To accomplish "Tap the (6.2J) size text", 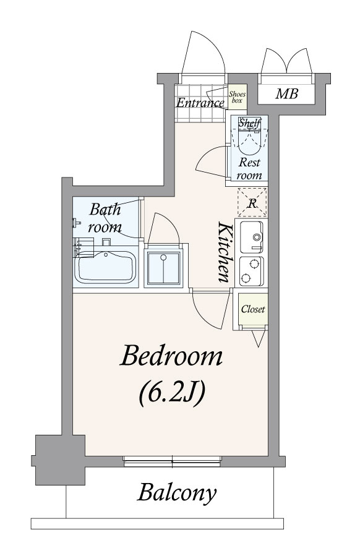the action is [x=172, y=393].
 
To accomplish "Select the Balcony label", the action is [x=177, y=493].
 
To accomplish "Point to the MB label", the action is [x=286, y=93].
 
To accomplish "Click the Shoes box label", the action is [x=237, y=97].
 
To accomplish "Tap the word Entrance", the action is [x=200, y=103].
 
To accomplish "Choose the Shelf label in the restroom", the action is [x=249, y=123].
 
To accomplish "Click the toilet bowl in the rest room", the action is [x=250, y=142].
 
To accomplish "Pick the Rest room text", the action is [x=249, y=169].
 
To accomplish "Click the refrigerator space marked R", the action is [x=252, y=202].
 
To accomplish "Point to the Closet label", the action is [x=253, y=309].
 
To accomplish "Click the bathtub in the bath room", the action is [x=105, y=267].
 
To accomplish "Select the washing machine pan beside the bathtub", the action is [x=163, y=268].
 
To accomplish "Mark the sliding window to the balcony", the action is [x=173, y=461].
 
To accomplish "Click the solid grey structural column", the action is [x=60, y=460].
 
